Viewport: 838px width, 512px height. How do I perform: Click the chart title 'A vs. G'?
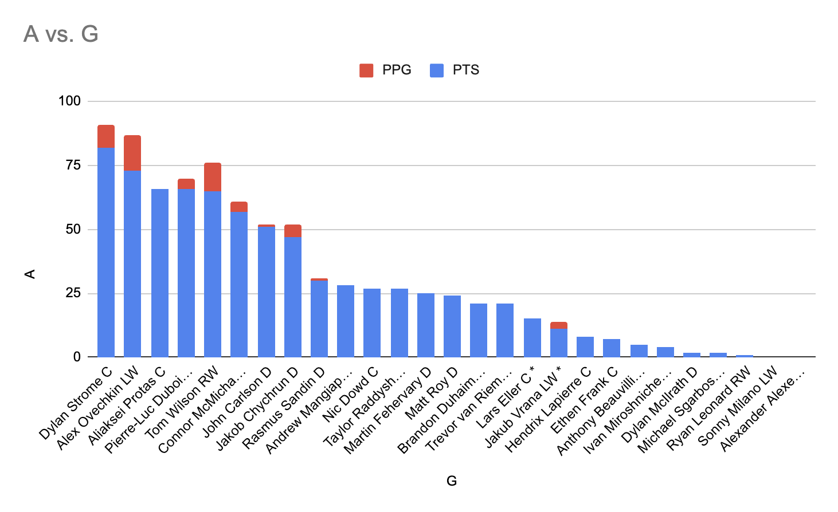click(61, 34)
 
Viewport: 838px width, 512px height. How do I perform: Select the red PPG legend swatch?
click(366, 70)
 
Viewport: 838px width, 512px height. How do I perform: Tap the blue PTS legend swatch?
click(437, 70)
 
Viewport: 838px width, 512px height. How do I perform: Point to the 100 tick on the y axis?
click(69, 101)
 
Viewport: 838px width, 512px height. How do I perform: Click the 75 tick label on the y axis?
click(73, 166)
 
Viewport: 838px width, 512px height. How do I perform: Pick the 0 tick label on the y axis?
click(77, 357)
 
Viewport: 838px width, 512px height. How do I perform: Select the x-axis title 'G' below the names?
click(452, 481)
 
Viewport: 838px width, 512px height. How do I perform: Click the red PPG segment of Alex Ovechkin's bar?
click(132, 153)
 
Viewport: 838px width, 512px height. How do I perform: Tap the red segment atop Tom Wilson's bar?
click(213, 177)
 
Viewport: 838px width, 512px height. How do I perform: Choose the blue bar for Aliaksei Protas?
click(160, 273)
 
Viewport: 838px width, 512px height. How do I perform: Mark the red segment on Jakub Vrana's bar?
click(559, 325)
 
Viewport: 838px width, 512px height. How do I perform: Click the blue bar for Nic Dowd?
click(372, 322)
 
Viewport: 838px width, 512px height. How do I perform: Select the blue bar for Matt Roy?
click(452, 326)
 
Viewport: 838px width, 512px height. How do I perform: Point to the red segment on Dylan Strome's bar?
click(106, 136)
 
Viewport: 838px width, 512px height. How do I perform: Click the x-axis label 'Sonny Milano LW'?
click(738, 406)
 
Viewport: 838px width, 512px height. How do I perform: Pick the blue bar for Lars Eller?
click(532, 337)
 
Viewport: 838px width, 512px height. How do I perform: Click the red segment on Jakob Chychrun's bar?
click(293, 231)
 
